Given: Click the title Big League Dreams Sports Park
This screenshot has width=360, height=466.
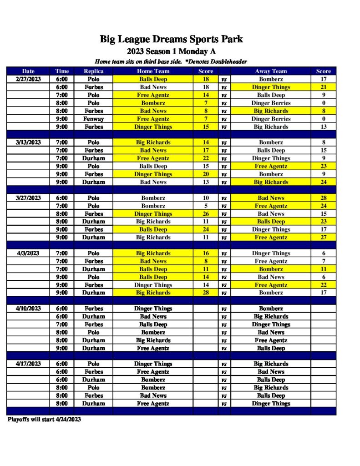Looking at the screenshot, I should click(x=171, y=39).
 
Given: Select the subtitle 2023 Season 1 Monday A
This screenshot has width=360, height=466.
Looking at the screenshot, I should click(x=171, y=51).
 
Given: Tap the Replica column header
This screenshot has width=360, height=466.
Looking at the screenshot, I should click(x=93, y=71).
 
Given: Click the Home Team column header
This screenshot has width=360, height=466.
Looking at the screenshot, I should click(x=153, y=71).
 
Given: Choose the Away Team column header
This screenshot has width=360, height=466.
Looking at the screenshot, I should click(x=271, y=71).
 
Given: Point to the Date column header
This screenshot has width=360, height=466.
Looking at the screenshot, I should click(x=28, y=71).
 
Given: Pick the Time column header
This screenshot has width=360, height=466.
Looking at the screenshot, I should click(x=62, y=71).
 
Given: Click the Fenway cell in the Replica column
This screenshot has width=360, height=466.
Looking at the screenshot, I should click(x=93, y=119).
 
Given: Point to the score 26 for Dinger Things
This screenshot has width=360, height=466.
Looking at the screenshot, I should click(x=206, y=213).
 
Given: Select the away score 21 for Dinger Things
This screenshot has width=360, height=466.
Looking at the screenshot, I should click(x=324, y=87).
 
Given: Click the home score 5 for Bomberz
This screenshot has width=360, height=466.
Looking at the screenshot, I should click(x=206, y=206).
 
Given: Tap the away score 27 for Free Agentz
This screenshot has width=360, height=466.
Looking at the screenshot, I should click(x=324, y=237).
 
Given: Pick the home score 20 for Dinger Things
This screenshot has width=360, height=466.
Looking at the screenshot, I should click(x=206, y=174).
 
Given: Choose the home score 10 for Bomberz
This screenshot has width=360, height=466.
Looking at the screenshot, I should click(x=206, y=198).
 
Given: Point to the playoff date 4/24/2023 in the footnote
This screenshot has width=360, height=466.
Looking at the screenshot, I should click(x=67, y=419).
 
